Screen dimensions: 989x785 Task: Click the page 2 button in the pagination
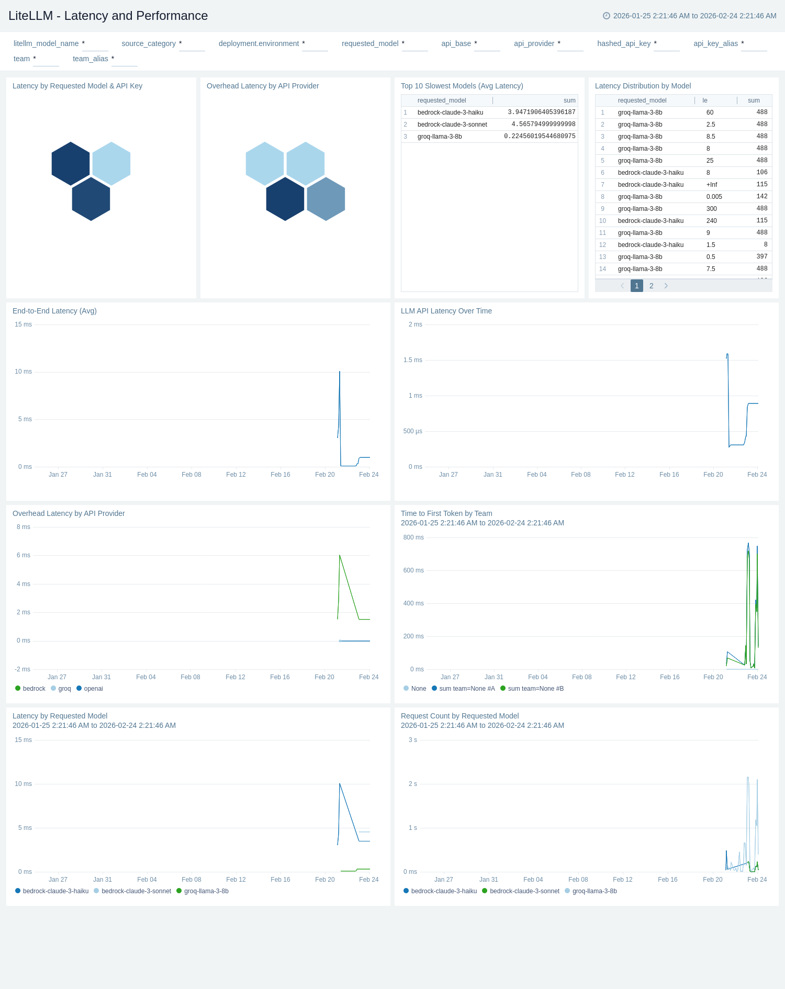point(651,286)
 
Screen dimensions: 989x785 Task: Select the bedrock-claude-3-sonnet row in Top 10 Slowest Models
point(452,125)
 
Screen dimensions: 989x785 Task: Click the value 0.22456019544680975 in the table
point(540,137)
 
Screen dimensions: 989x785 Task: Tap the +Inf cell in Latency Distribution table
point(712,185)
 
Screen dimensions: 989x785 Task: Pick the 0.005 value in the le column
point(714,197)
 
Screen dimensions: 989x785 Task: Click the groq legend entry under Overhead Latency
point(64,689)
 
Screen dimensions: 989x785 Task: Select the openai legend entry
point(93,689)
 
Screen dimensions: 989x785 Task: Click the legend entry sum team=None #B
point(535,689)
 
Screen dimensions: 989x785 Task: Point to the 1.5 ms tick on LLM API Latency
point(412,360)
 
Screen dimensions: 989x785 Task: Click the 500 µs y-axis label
point(412,431)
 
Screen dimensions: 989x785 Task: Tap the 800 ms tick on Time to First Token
point(413,537)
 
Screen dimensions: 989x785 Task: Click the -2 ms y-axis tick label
point(23,669)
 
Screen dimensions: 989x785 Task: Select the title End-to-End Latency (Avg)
point(54,311)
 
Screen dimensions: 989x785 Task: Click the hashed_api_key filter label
point(624,43)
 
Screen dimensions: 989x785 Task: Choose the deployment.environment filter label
point(259,43)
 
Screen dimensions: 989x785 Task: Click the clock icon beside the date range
point(607,16)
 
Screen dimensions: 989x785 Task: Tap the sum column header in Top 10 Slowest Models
point(569,100)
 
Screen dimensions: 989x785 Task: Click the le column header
point(705,100)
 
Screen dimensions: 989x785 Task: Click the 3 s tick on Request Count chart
point(412,740)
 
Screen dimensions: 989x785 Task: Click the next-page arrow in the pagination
point(666,286)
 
